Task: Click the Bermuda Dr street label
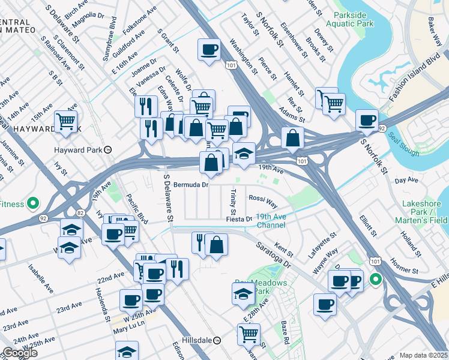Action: [x=190, y=185]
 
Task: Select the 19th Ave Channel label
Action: [x=271, y=221]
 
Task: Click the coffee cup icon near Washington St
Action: [x=209, y=49]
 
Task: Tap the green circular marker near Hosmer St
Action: [x=376, y=279]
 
